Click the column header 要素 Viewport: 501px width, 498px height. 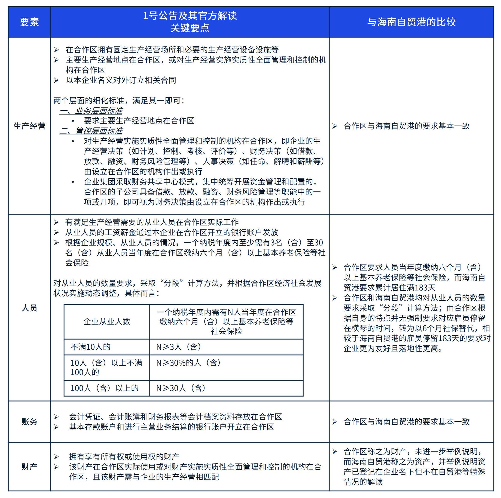(29, 22)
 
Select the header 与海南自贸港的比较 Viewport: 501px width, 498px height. (411, 22)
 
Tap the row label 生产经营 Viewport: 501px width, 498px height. (29, 126)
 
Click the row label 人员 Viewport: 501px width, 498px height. (29, 308)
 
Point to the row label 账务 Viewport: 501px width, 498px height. (29, 421)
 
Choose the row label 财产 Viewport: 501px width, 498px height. (29, 467)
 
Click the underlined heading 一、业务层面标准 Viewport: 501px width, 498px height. (91, 111)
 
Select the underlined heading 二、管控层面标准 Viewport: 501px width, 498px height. (91, 131)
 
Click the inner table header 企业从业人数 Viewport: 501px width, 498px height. (107, 322)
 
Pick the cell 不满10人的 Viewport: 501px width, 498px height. (91, 347)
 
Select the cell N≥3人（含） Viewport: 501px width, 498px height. (179, 347)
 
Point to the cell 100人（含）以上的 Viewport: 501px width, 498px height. (104, 388)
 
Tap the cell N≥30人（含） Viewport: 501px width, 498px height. (181, 388)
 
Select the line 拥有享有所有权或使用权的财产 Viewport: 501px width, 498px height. (124, 456)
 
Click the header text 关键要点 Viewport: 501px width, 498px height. (190, 28)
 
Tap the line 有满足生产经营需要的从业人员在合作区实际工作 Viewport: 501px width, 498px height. (152, 222)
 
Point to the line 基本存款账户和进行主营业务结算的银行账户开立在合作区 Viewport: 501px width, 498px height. (171, 427)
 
